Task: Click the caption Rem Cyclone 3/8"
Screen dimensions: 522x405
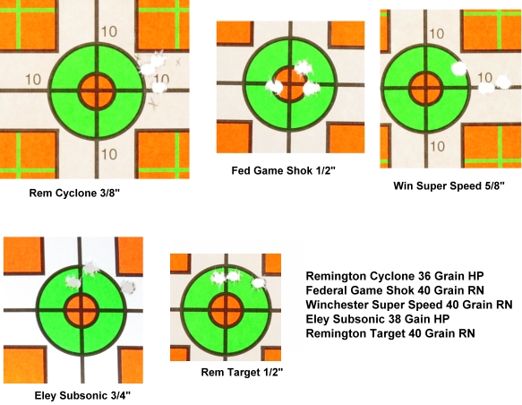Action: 74,194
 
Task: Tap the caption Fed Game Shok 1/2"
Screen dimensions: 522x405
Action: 283,171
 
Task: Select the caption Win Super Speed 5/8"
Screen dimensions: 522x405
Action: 449,185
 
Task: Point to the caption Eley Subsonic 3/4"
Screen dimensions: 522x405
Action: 82,396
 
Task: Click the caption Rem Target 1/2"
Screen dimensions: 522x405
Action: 242,372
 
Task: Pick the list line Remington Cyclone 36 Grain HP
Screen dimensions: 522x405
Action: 395,276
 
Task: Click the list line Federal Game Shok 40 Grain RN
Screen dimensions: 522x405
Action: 395,290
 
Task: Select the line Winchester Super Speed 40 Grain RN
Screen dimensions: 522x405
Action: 409,305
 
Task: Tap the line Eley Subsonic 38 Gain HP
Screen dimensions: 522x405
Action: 378,319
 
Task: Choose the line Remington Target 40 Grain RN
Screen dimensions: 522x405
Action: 390,333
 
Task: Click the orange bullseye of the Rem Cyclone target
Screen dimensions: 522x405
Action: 97,90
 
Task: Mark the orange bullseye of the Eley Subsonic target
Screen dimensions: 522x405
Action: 81,311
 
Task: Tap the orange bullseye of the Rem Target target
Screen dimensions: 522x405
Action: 226,310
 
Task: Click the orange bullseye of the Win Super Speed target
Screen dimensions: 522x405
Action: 425,89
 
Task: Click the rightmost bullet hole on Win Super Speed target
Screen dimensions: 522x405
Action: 502,82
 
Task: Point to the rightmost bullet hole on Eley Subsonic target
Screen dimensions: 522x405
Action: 128,288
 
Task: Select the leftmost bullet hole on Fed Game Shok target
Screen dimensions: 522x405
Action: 275,87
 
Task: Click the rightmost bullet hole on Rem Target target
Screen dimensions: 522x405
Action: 259,283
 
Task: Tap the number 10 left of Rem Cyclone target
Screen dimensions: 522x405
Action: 33,80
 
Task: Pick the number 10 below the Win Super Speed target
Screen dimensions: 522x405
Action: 437,147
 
